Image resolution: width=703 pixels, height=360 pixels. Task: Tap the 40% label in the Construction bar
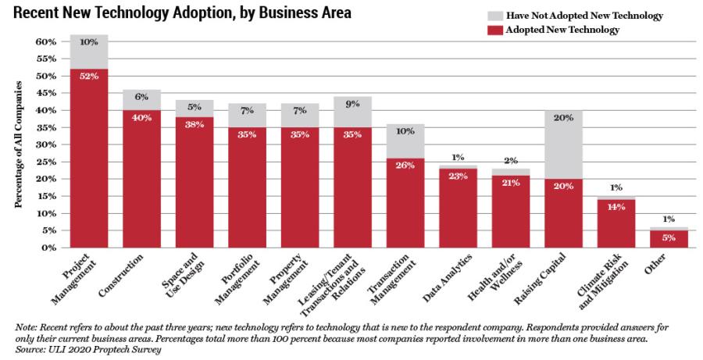[141, 118]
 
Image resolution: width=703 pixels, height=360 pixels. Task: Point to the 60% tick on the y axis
[46, 41]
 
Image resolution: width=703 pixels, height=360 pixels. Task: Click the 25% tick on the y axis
[46, 162]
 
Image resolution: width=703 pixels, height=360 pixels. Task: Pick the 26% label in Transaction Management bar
[405, 166]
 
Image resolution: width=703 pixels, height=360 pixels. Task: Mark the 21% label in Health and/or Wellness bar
[511, 183]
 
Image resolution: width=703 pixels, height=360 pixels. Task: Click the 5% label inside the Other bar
[669, 238]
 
